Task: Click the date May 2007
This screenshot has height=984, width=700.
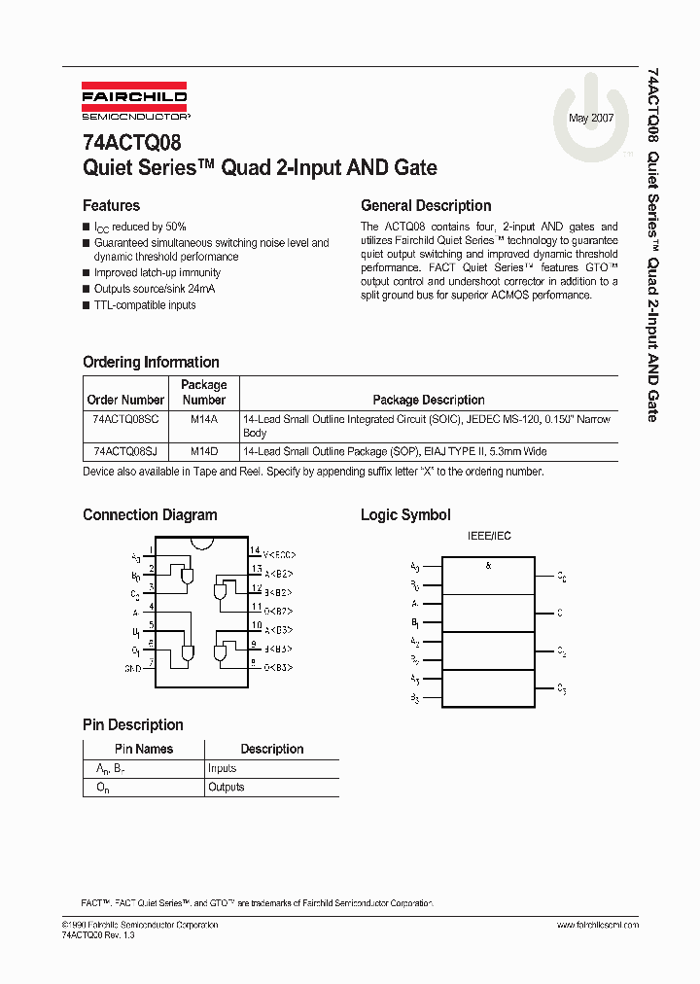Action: [x=590, y=117]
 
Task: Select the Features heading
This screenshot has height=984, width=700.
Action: [x=111, y=205]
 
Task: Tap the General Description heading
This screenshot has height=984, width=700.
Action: [x=426, y=205]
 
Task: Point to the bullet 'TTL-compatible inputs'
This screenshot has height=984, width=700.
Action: [x=144, y=305]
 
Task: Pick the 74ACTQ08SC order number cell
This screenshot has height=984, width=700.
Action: [x=125, y=418]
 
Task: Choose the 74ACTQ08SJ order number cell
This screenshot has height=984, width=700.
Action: [x=125, y=452]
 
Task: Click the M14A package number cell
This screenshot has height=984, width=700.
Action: [x=203, y=418]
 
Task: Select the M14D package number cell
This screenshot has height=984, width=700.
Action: [x=203, y=452]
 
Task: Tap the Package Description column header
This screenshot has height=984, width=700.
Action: [x=429, y=400]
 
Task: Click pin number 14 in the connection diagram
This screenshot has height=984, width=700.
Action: [x=255, y=551]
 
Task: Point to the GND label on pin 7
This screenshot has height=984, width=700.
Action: [x=132, y=669]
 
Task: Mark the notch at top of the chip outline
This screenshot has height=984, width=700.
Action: [x=204, y=542]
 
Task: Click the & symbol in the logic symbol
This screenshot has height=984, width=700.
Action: [x=488, y=564]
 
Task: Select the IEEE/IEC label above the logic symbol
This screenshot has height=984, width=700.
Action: [x=489, y=536]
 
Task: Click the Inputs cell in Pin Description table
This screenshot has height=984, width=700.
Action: [x=222, y=768]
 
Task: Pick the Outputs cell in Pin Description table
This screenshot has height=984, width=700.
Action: [x=226, y=787]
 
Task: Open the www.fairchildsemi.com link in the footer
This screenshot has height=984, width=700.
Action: [x=599, y=925]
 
